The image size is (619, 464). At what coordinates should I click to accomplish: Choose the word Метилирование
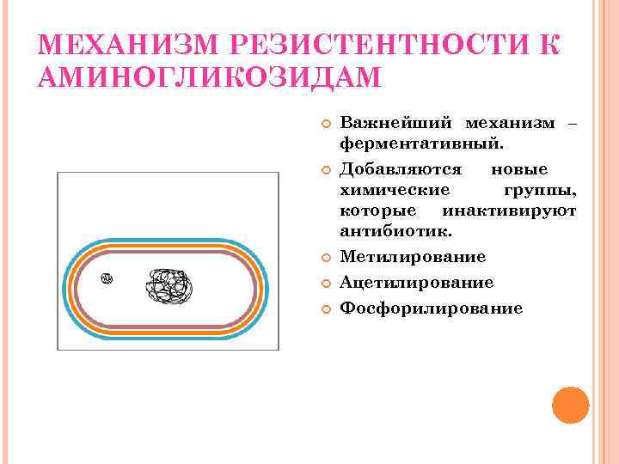click(413, 257)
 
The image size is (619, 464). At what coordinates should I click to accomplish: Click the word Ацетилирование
click(417, 283)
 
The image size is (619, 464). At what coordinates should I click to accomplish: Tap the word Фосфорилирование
click(431, 308)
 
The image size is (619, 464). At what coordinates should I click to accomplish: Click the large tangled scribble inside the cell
click(171, 286)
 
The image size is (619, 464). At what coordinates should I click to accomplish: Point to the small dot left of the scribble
click(107, 278)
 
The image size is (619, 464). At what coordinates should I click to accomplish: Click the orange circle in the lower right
click(570, 406)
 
